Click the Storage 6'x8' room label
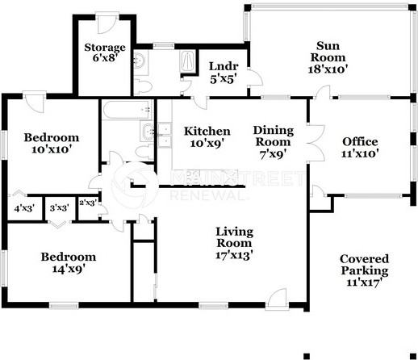[106, 52]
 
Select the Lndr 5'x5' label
[222, 72]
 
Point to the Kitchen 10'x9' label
[207, 137]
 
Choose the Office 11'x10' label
[360, 147]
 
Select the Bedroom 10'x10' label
[51, 143]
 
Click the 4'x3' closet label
[23, 207]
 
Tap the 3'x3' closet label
[58, 207]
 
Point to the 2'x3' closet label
[86, 203]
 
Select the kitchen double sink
[164, 135]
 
